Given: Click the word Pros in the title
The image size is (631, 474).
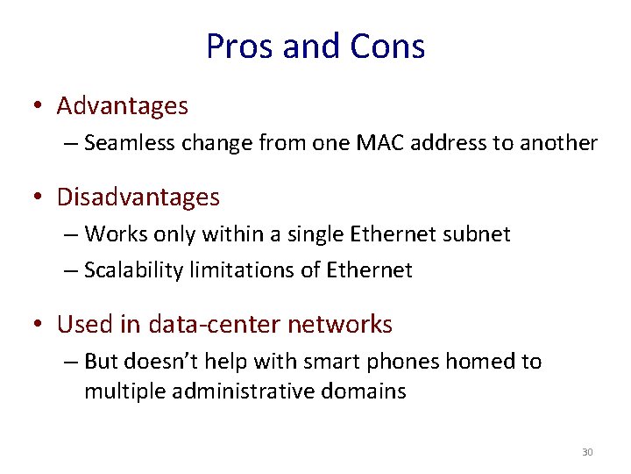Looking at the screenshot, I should (x=235, y=47).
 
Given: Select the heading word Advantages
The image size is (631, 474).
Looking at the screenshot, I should (x=122, y=106).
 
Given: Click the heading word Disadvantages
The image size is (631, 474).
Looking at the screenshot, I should (x=138, y=197).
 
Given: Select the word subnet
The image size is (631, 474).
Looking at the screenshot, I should (x=479, y=234).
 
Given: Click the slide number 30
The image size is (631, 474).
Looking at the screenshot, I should (x=587, y=452).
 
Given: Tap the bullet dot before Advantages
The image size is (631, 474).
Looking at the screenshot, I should (x=37, y=107).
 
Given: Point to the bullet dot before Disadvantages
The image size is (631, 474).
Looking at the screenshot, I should (x=37, y=198).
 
